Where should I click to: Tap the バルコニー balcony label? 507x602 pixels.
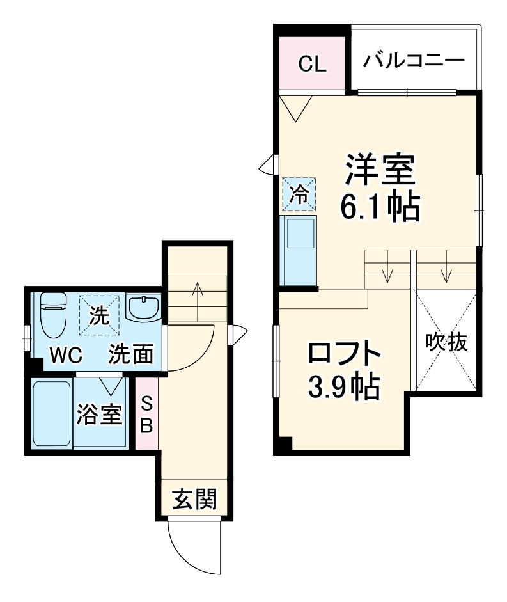414,61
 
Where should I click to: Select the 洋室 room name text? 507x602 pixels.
380,169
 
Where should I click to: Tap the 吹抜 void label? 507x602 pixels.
447,343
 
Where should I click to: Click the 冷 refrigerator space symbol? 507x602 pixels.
299,193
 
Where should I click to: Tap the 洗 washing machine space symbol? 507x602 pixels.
99,315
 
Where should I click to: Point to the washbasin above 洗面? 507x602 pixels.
143,307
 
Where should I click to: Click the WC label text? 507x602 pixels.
66,355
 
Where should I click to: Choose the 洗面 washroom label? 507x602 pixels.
130,354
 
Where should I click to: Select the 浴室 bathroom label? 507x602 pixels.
100,415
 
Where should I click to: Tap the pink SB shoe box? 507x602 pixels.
146,413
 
